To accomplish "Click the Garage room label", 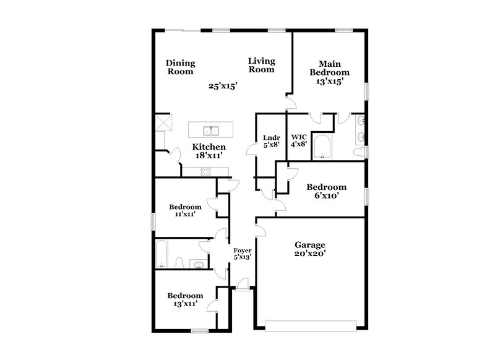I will (x=310, y=244).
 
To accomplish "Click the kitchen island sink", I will (x=211, y=130).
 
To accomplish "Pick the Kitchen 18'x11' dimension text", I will (x=209, y=155).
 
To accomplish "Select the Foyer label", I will (x=242, y=250).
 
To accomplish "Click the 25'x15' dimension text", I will (x=223, y=87).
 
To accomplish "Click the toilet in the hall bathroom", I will (x=179, y=263).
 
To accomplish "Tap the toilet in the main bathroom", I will (x=358, y=151).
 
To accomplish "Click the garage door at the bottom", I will (x=311, y=323).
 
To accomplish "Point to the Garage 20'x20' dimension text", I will (x=310, y=253).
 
